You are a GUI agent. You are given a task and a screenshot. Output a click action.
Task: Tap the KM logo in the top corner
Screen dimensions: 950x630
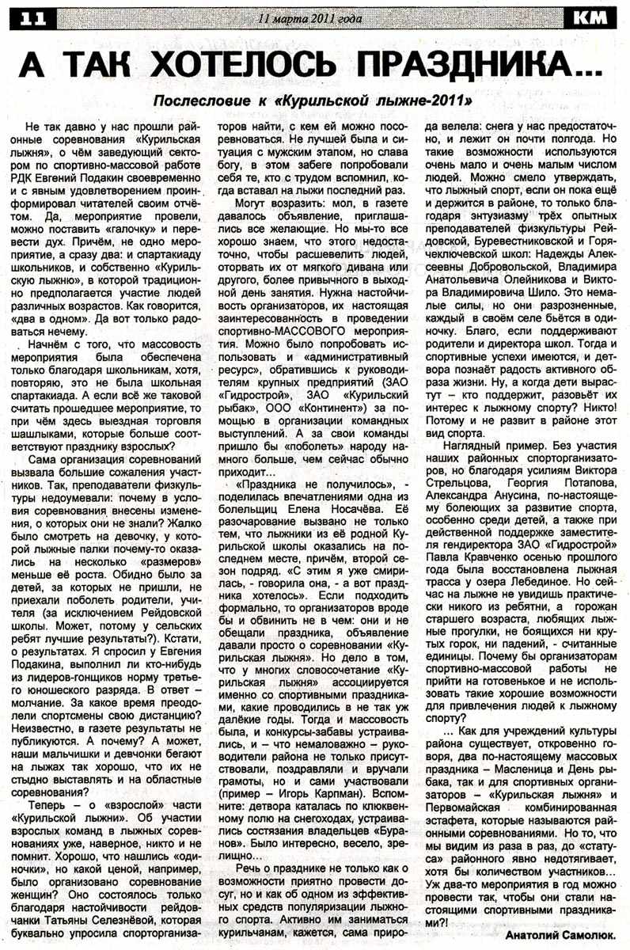pos(591,17)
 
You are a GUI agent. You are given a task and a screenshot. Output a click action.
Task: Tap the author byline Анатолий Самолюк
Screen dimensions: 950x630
pos(554,934)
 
